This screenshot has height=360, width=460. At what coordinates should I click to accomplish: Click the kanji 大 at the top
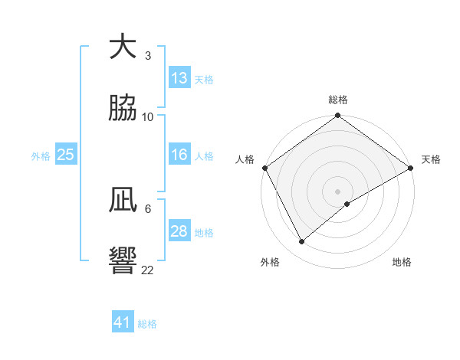(x=123, y=47)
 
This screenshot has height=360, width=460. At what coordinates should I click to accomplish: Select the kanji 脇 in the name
(x=123, y=109)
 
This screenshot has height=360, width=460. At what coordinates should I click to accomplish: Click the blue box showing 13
(x=179, y=78)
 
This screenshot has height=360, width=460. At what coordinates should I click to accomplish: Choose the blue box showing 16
(x=179, y=155)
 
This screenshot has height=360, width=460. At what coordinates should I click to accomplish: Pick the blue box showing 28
(x=179, y=232)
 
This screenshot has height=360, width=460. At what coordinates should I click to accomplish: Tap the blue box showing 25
(x=66, y=155)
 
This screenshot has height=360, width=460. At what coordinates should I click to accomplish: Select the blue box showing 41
(x=123, y=322)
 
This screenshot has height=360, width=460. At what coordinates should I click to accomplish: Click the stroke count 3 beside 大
(x=148, y=56)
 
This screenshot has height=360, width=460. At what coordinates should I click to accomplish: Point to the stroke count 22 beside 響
(x=148, y=270)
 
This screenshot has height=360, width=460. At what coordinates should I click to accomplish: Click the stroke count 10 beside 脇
(x=148, y=117)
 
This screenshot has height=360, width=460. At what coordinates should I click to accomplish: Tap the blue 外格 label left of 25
(x=41, y=155)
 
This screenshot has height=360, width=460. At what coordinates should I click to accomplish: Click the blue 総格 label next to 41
(x=147, y=323)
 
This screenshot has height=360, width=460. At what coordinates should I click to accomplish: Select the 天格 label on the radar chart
(x=431, y=159)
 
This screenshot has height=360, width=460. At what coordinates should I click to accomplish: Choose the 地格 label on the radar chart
(x=402, y=262)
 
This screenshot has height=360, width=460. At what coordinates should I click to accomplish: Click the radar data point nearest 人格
(x=264, y=168)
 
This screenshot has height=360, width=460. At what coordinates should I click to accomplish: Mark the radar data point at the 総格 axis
(x=337, y=116)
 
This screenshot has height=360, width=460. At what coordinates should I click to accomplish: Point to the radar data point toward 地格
(x=347, y=204)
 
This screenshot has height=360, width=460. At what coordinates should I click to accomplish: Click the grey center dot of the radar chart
(x=337, y=191)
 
